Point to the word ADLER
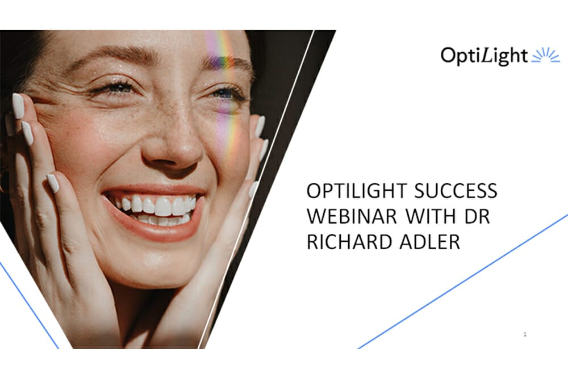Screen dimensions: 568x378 pyautogui.click(x=429, y=242)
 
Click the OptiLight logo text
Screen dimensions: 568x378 pyautogui.click(x=483, y=56)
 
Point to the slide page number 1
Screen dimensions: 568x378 pyautogui.click(x=525, y=334)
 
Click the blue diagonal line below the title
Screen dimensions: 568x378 pyautogui.click(x=463, y=282)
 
